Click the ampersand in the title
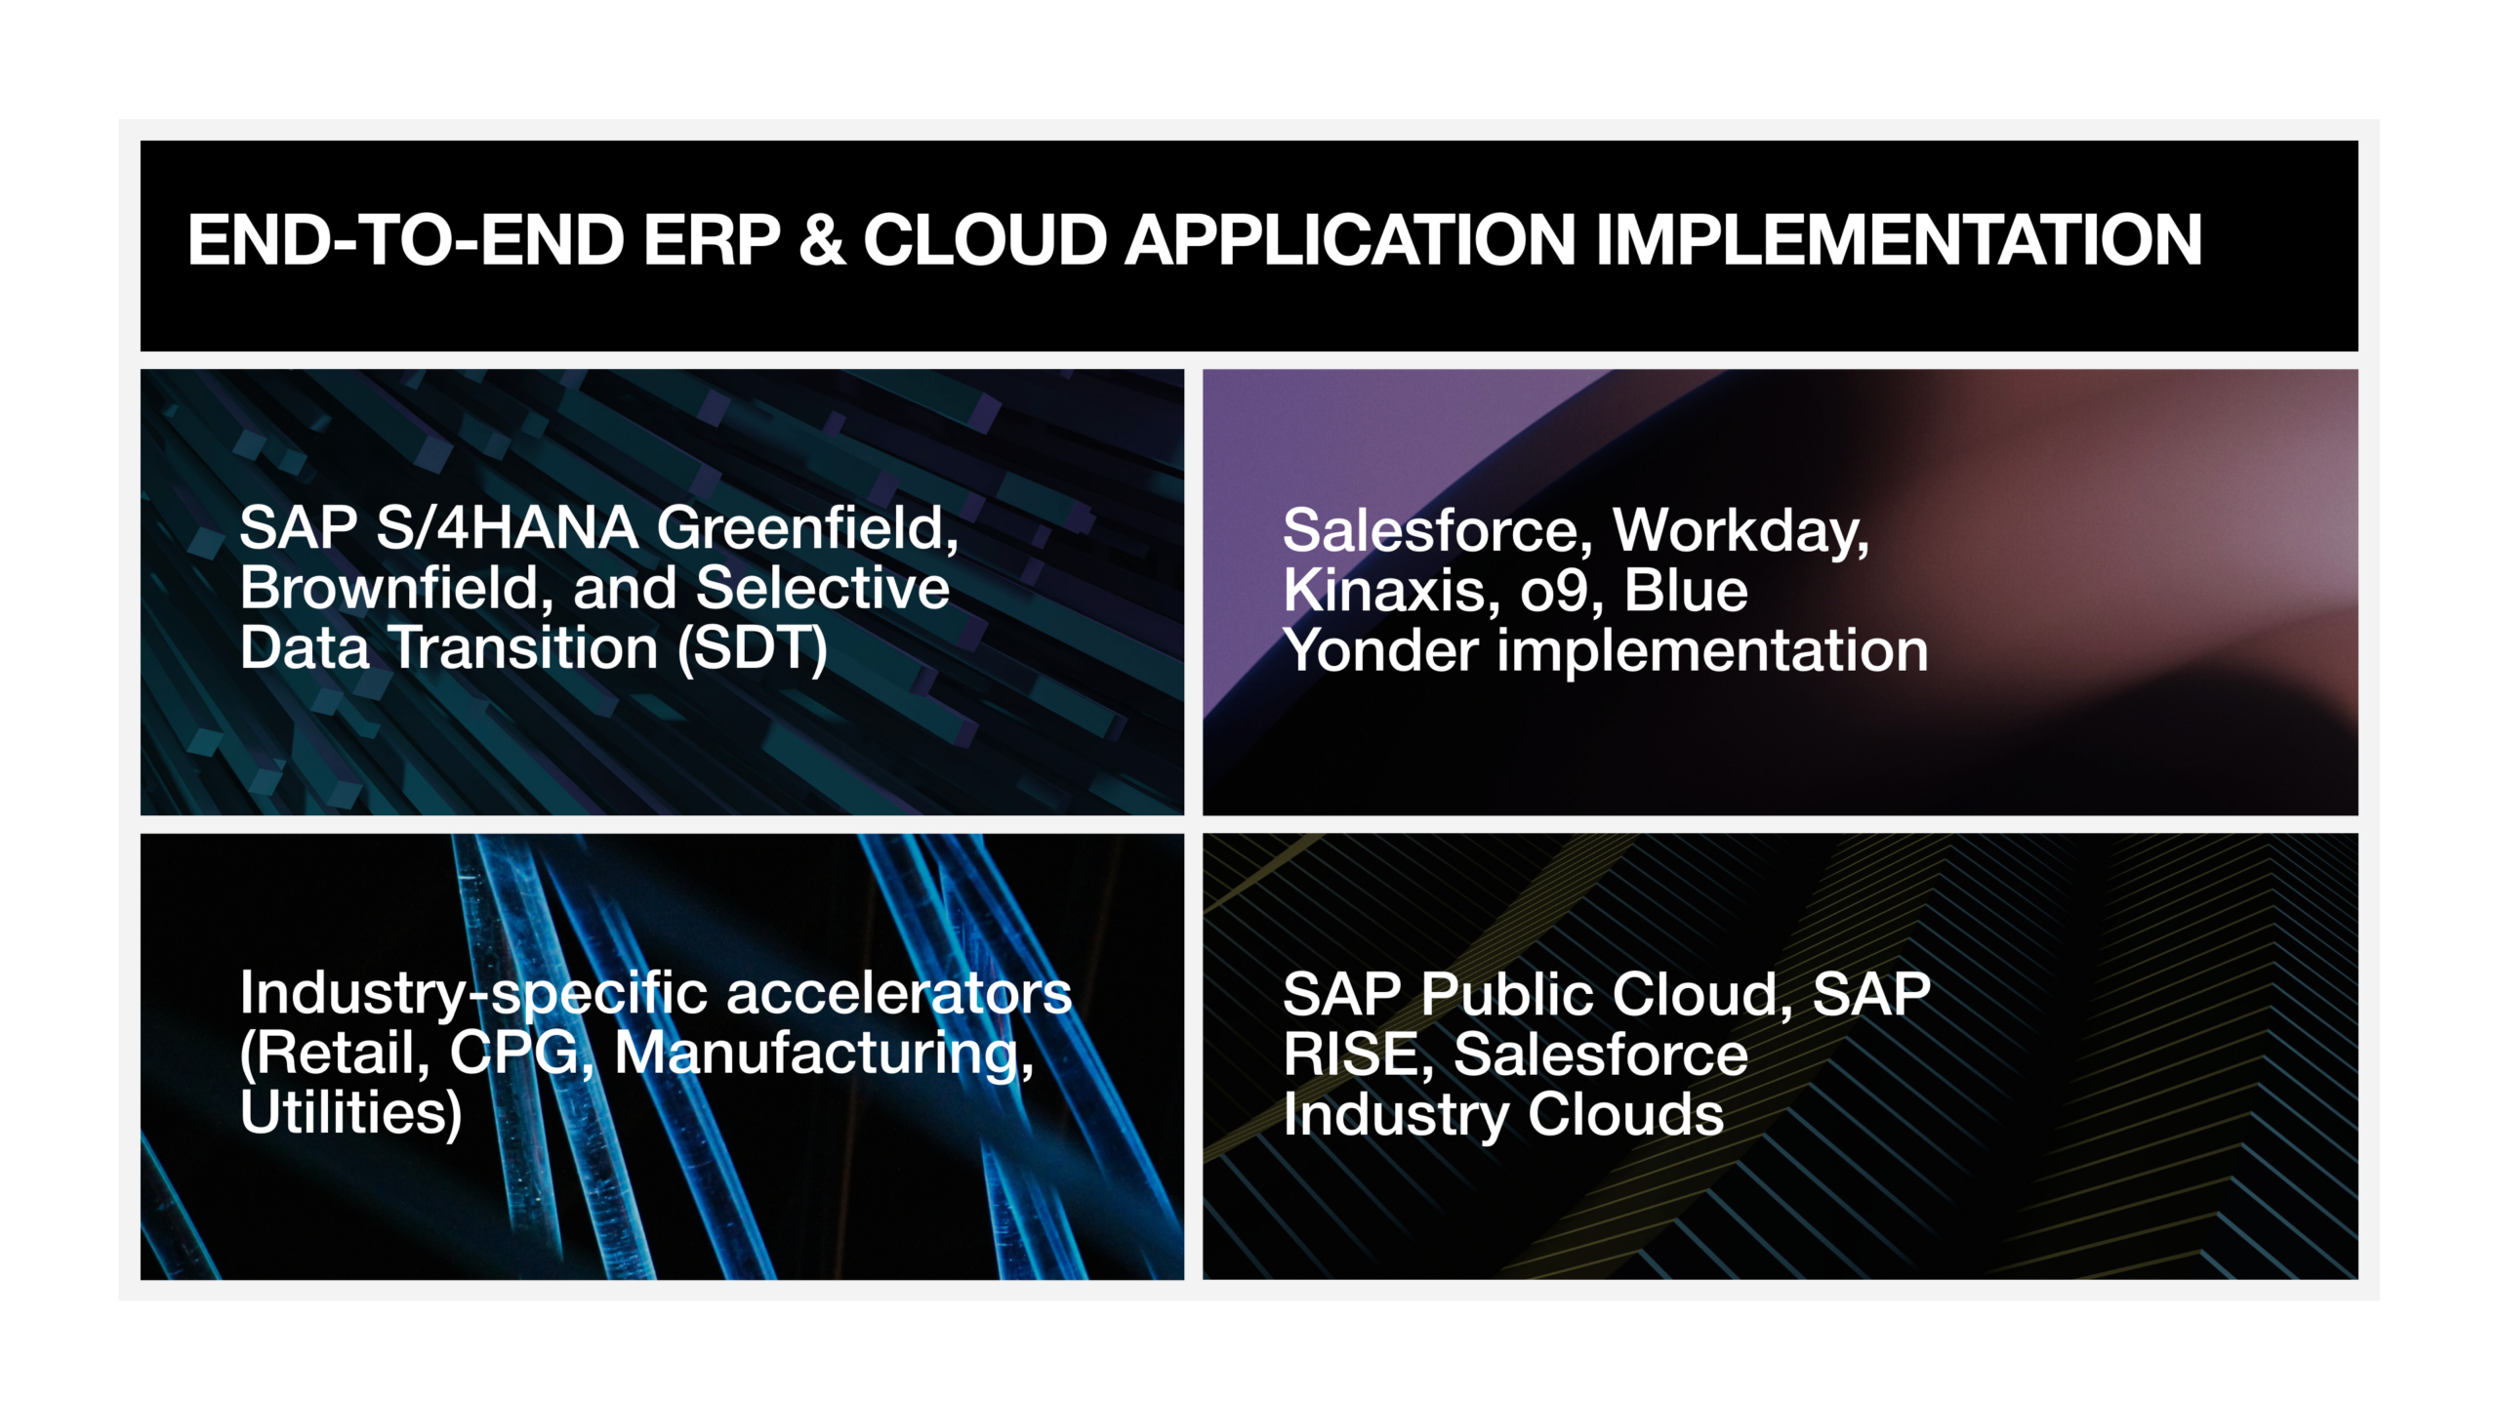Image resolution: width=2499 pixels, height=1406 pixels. coord(822,240)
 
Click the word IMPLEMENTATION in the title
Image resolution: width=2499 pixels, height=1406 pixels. coord(1899,240)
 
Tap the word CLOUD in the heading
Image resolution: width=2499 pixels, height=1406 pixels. coord(985,240)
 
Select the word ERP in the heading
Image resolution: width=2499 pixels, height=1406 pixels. coord(712,240)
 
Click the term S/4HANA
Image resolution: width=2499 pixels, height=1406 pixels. coord(508,527)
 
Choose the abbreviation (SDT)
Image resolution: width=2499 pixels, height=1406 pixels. coord(753,649)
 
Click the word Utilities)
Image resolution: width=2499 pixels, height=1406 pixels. coord(350,1114)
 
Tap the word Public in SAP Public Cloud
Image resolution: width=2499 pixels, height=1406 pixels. coord(1516,996)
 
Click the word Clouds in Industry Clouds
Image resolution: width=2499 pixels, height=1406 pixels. coord(1625,1115)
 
